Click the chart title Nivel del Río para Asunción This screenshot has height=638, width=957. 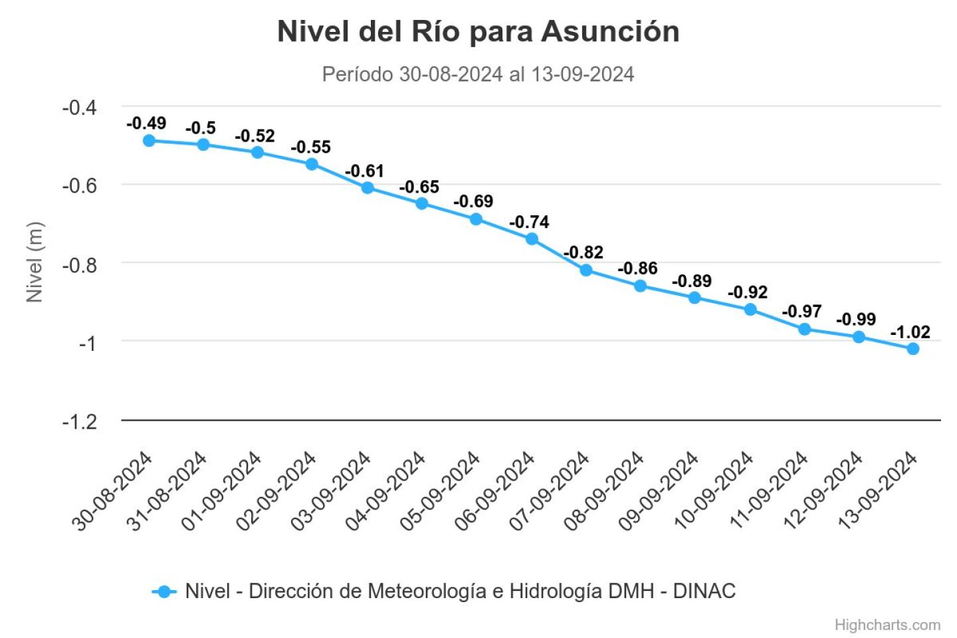pyautogui.click(x=478, y=32)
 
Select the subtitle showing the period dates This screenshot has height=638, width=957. pyautogui.click(x=478, y=74)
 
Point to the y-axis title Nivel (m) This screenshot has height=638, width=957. pyautogui.click(x=34, y=263)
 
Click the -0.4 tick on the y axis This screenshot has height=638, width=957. pyautogui.click(x=79, y=107)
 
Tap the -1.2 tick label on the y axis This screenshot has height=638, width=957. pyautogui.click(x=79, y=421)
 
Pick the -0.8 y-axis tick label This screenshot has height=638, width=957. pyautogui.click(x=79, y=265)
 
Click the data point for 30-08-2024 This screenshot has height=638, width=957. pyautogui.click(x=149, y=140)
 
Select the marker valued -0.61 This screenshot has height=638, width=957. pyautogui.click(x=368, y=187)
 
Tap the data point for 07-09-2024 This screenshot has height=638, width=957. pyautogui.click(x=586, y=270)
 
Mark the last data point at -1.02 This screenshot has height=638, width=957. pyautogui.click(x=913, y=348)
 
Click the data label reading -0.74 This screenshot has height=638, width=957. pyautogui.click(x=529, y=222)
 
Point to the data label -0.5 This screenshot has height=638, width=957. pyautogui.click(x=201, y=128)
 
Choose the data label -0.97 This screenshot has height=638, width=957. pyautogui.click(x=801, y=311)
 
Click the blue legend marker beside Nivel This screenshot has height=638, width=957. pyautogui.click(x=164, y=591)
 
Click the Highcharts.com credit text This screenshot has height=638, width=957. pyautogui.click(x=887, y=625)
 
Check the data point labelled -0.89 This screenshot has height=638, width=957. pyautogui.click(x=694, y=298)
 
